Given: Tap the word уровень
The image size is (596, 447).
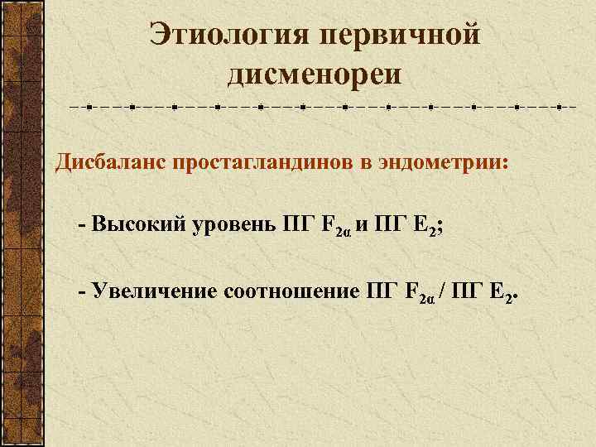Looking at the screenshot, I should pyautogui.click(x=235, y=224).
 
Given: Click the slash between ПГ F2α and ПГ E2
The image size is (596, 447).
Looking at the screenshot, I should pyautogui.click(x=447, y=291).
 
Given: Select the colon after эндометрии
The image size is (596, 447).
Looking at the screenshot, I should pyautogui.click(x=502, y=162).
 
